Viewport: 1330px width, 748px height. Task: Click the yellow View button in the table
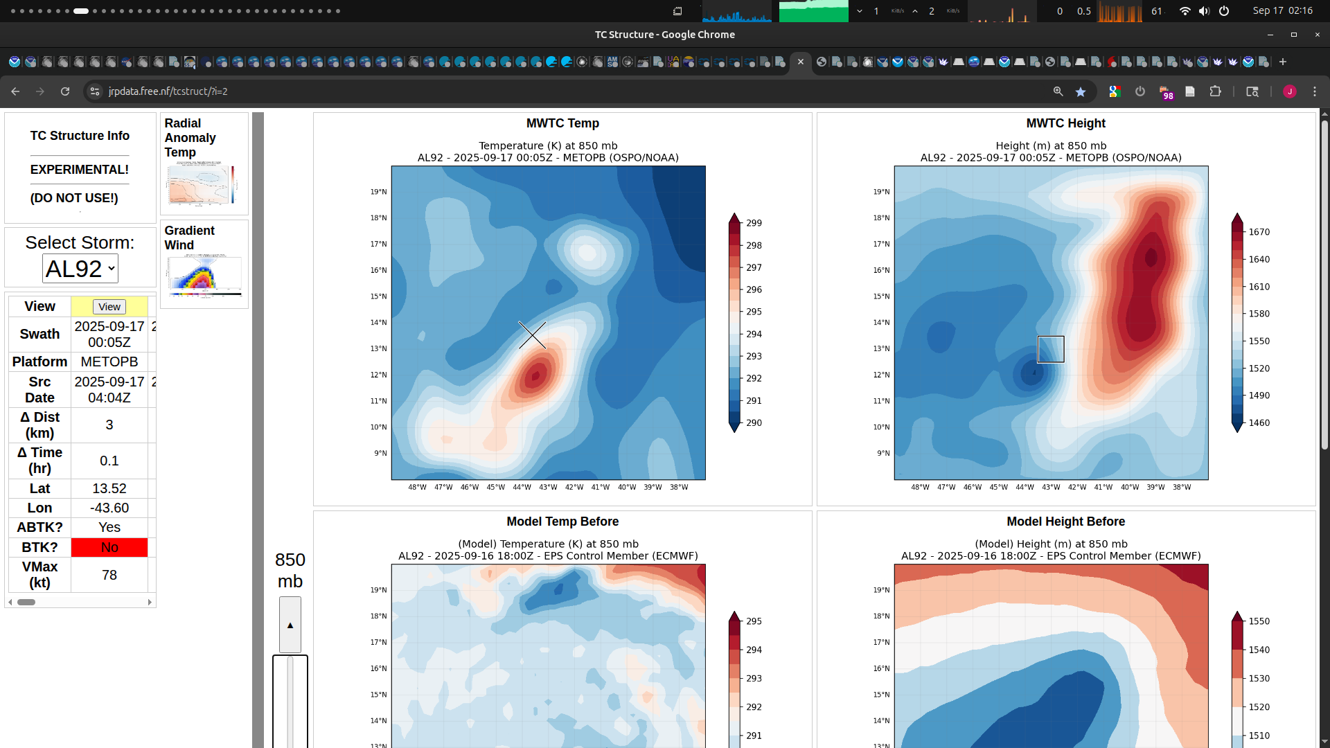(x=109, y=307)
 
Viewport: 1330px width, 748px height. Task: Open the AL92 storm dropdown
(x=80, y=269)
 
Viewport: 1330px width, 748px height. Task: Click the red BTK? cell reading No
(x=109, y=547)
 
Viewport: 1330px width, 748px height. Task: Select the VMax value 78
(x=109, y=575)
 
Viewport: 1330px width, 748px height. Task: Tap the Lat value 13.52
(x=109, y=488)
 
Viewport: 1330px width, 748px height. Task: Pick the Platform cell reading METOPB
(x=109, y=362)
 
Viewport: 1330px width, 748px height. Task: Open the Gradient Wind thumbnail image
(x=204, y=276)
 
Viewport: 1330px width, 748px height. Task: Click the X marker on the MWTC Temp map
(x=532, y=335)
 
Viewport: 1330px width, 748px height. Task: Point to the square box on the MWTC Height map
(x=1050, y=349)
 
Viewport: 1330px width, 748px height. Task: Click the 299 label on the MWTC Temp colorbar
(x=754, y=223)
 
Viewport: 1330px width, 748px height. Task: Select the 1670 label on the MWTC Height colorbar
(x=1259, y=232)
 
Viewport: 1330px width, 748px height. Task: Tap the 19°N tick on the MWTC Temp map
(x=378, y=192)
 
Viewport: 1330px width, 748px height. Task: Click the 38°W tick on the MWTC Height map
(x=1182, y=488)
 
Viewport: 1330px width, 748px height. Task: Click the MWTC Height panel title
(x=1065, y=123)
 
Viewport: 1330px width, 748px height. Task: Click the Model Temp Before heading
(x=562, y=522)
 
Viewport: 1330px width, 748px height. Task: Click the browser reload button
(x=65, y=91)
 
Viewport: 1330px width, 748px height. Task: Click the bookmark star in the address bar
(x=1080, y=91)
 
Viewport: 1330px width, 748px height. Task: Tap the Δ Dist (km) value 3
(x=109, y=425)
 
